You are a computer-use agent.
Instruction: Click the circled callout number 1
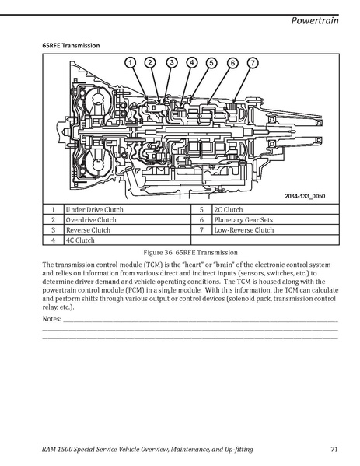[130, 63]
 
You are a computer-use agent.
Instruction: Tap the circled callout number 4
[192, 63]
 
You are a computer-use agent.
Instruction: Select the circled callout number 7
[253, 63]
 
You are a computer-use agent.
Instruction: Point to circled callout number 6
[232, 63]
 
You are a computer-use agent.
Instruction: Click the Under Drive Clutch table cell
[128, 209]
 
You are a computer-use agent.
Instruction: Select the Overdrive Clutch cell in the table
[128, 219]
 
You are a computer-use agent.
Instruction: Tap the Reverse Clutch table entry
[128, 229]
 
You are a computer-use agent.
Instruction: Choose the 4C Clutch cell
[128, 240]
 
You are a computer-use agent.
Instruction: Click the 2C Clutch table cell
[275, 209]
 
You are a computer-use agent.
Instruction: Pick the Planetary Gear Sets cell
[275, 219]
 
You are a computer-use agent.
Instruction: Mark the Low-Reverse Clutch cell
[275, 229]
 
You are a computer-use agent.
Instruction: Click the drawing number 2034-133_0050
[305, 196]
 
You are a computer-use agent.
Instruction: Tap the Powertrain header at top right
[315, 20]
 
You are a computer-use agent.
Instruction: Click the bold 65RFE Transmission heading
[71, 45]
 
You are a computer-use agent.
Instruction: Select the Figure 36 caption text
[190, 253]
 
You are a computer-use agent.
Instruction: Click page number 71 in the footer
[334, 449]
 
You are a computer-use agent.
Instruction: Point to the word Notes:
[51, 319]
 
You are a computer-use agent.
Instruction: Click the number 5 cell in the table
[201, 209]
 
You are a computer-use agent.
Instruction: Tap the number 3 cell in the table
[53, 229]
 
